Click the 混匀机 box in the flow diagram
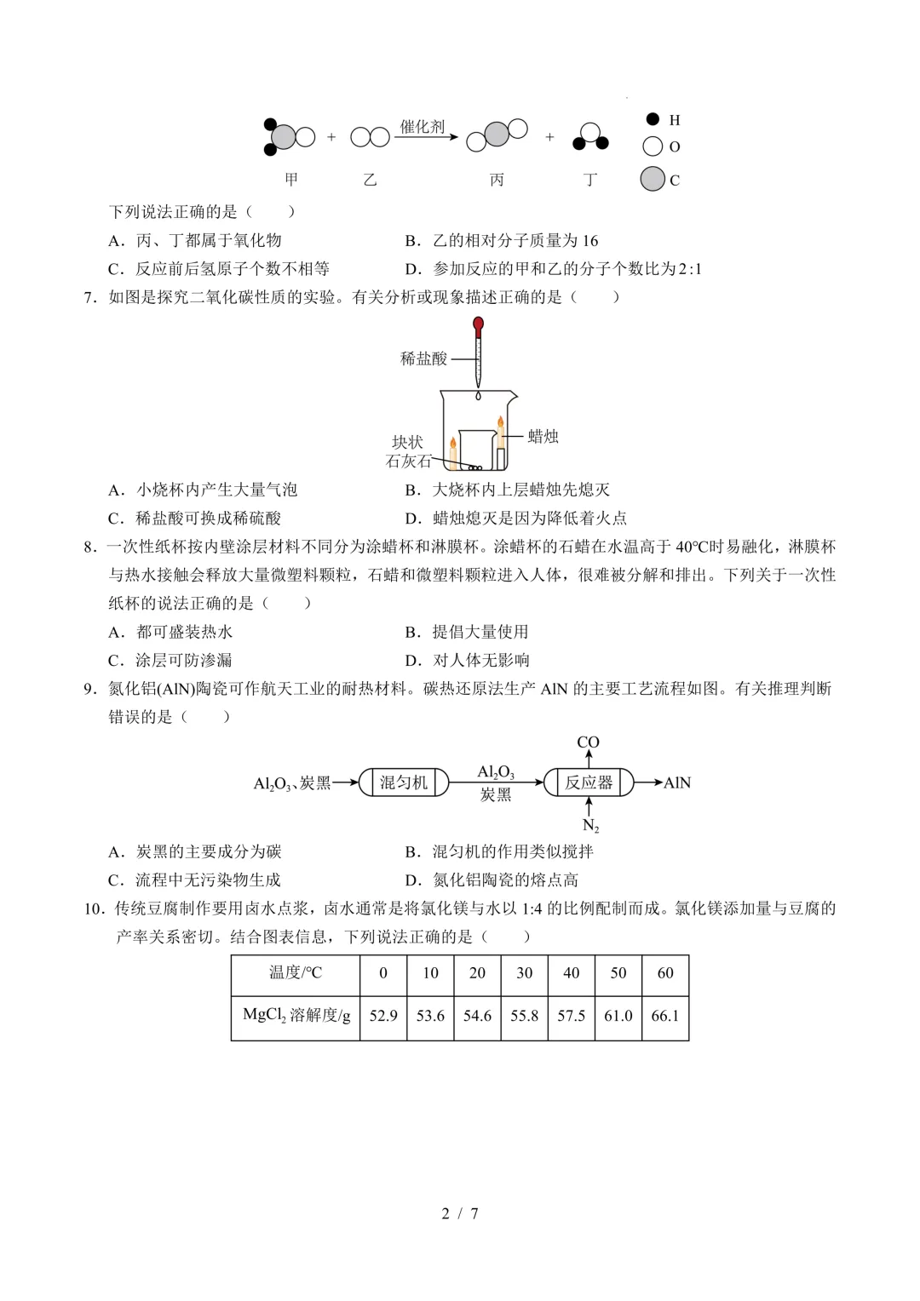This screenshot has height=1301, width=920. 403,782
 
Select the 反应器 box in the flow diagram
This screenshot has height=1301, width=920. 589,782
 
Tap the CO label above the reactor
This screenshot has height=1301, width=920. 589,742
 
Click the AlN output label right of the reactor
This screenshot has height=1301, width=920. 677,782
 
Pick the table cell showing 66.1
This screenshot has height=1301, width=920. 664,1016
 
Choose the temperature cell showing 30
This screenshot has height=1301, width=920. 524,973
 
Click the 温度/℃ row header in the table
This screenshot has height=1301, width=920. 296,973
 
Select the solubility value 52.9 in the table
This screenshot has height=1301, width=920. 383,1016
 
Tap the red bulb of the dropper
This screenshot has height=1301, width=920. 479,324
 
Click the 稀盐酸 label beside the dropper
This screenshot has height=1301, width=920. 423,358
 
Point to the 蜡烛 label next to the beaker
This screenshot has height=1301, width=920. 543,437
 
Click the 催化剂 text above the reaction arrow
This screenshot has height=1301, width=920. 423,127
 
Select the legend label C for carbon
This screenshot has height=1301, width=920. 675,181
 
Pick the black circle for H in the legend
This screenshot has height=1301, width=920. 653,119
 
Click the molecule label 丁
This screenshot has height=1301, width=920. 589,180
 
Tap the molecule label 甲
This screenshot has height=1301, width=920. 292,180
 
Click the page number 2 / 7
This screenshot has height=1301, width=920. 460,1213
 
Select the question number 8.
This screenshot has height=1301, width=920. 89,547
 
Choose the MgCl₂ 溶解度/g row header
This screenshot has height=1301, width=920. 296,1016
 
